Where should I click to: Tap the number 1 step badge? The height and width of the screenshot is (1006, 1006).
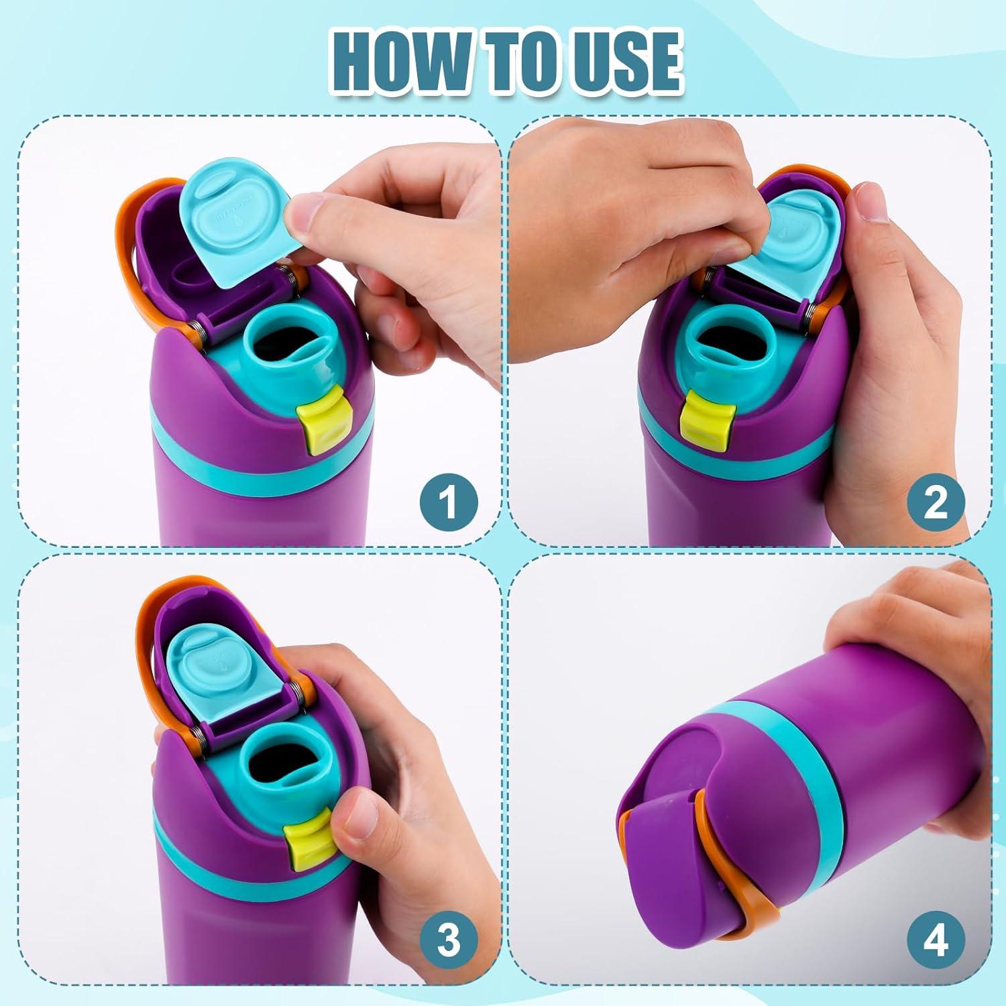[449, 502]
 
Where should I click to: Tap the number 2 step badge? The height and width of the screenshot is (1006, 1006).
[935, 502]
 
